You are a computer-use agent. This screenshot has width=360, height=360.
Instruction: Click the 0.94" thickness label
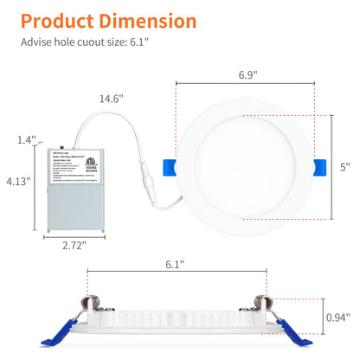(x=337, y=317)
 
